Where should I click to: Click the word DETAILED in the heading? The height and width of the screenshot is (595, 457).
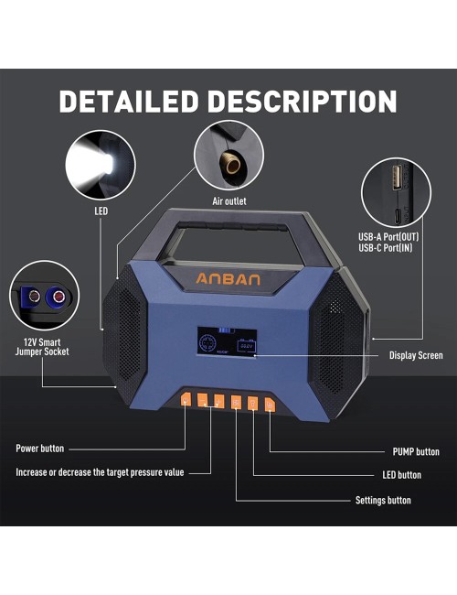click(x=129, y=102)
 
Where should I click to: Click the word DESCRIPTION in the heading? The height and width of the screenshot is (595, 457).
click(x=303, y=102)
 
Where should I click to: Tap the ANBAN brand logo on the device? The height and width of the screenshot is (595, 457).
click(x=228, y=279)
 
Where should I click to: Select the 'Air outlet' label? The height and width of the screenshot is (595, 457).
click(x=228, y=201)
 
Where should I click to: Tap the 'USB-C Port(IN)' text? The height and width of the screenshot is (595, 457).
click(x=386, y=248)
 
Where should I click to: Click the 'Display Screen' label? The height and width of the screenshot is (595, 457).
click(x=416, y=355)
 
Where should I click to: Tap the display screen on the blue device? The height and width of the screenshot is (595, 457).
click(x=227, y=342)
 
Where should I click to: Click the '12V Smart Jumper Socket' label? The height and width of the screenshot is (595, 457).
click(x=42, y=347)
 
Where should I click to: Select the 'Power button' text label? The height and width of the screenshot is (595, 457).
click(x=40, y=449)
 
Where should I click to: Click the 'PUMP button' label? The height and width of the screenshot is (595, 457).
click(x=416, y=451)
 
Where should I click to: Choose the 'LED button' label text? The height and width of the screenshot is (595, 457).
click(x=401, y=475)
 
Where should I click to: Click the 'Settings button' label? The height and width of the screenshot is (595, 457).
click(x=383, y=501)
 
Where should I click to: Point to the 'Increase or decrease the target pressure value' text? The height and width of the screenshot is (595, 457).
click(x=100, y=472)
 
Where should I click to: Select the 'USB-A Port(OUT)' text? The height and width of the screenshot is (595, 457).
click(x=388, y=237)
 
